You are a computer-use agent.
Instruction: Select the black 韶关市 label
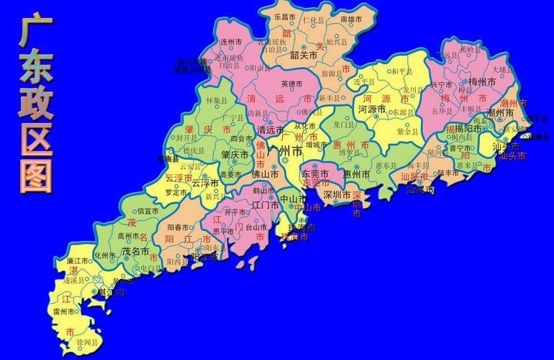click(x=304, y=55)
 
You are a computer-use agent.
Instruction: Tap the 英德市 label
click(x=294, y=84)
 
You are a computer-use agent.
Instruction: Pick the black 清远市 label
click(x=271, y=130)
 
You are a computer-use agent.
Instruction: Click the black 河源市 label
click(x=373, y=110)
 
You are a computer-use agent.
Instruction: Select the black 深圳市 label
click(x=337, y=195)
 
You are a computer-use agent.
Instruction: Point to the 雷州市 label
click(x=64, y=311)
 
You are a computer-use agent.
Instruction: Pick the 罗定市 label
click(x=176, y=193)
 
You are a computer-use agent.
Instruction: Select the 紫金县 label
click(x=407, y=132)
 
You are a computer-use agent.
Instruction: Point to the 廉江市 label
click(x=77, y=260)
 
